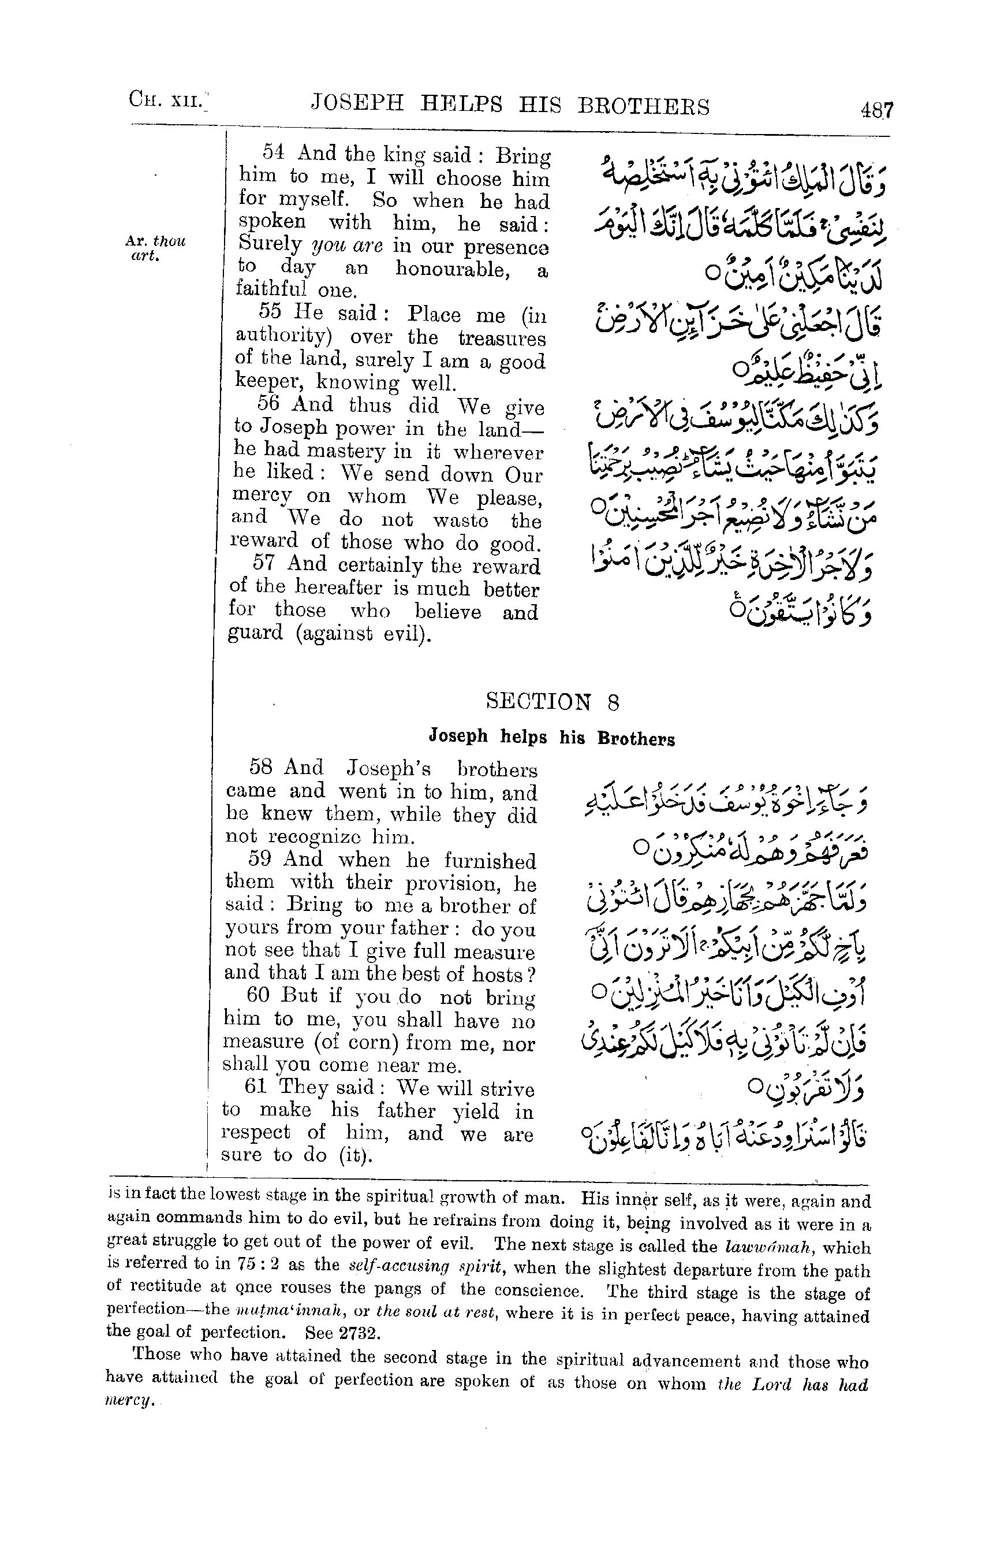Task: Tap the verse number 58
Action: pos(260,767)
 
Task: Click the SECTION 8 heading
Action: pos(553,701)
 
